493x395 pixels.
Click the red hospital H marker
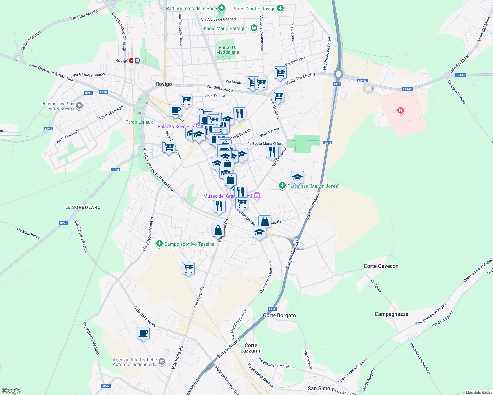tap(400, 110)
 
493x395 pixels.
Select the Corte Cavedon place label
tap(381, 266)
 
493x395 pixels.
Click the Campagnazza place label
tap(391, 314)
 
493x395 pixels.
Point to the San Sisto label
tap(319, 388)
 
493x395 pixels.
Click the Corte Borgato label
tap(279, 315)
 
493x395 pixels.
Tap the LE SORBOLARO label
tap(83, 207)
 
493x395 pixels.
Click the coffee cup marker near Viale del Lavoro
tap(143, 333)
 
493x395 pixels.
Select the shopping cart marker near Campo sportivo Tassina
tap(188, 268)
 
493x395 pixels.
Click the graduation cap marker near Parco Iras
tap(297, 177)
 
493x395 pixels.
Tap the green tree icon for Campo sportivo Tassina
tap(159, 244)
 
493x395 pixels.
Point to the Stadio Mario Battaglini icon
tap(254, 28)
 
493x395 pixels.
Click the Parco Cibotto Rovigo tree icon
tap(280, 8)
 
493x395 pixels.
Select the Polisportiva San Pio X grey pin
tap(79, 106)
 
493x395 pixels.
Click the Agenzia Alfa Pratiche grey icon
tap(161, 362)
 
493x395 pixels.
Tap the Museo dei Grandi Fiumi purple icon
tap(257, 196)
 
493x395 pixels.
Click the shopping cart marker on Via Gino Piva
tap(280, 72)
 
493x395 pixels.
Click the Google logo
tap(11, 391)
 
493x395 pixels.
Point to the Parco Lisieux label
tap(139, 122)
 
